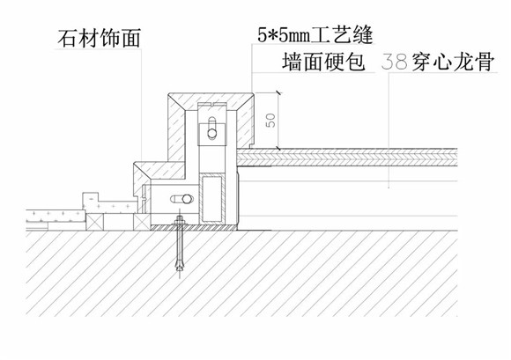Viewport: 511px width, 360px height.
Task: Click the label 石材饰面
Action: pyautogui.click(x=100, y=38)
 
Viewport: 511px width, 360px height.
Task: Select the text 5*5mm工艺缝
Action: pyautogui.click(x=315, y=35)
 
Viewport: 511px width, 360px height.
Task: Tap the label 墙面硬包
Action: pyautogui.click(x=323, y=62)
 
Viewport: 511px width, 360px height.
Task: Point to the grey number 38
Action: pyautogui.click(x=395, y=62)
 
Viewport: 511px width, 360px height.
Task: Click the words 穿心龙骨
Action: pyautogui.click(x=454, y=62)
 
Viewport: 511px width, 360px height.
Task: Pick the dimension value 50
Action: pyautogui.click(x=270, y=120)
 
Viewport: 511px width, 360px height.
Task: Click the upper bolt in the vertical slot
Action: pyautogui.click(x=211, y=133)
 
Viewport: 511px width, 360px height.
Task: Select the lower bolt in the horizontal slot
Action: pyautogui.click(x=187, y=199)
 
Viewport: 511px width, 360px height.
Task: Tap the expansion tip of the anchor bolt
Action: pyautogui.click(x=180, y=264)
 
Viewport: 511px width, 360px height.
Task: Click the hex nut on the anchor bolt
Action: pyautogui.click(x=180, y=223)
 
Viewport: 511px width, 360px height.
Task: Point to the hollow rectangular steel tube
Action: pyautogui.click(x=212, y=199)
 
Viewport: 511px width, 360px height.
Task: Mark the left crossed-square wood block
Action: pyautogui.click(x=95, y=222)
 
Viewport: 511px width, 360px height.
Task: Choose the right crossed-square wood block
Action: pyautogui.click(x=142, y=222)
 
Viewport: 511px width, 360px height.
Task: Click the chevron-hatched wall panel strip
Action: pyautogui.click(x=347, y=158)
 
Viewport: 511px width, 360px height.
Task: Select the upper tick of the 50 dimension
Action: pyautogui.click(x=278, y=93)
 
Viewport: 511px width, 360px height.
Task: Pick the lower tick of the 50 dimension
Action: pyautogui.click(x=278, y=149)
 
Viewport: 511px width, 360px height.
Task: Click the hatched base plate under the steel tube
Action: pyautogui.click(x=194, y=227)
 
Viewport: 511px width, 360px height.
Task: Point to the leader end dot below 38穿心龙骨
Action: pyautogui.click(x=389, y=187)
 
